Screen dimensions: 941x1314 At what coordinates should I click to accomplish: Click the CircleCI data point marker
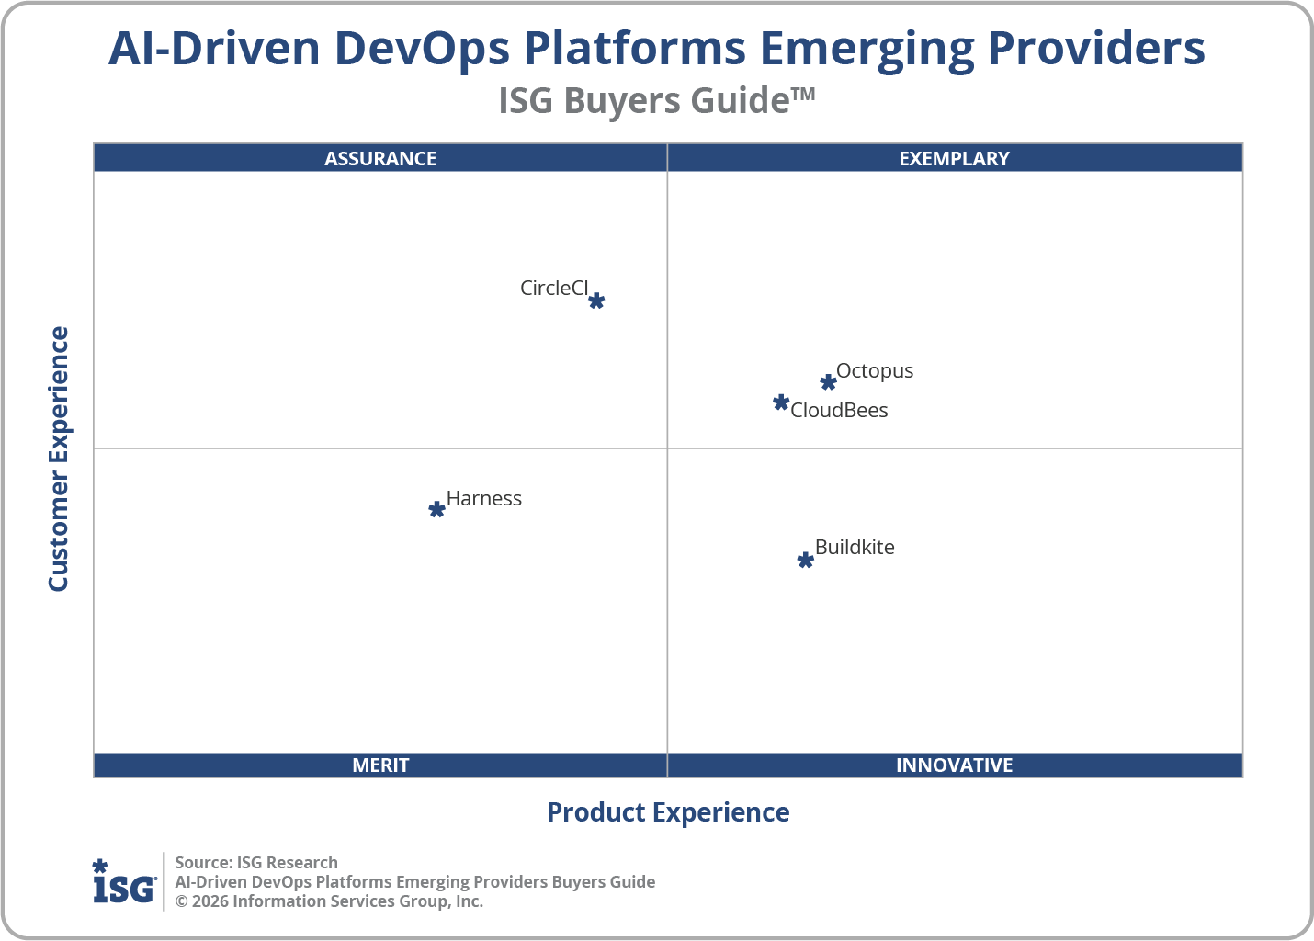pos(596,300)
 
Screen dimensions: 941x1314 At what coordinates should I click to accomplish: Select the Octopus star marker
pos(828,382)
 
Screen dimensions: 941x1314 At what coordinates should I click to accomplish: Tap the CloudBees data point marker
pos(781,402)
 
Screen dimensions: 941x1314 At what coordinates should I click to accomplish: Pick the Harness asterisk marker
pos(437,509)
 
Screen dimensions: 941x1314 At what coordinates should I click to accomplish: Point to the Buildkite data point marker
pos(805,560)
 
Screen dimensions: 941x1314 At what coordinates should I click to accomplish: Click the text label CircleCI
pos(553,288)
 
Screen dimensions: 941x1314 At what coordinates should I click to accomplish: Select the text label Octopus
pos(875,370)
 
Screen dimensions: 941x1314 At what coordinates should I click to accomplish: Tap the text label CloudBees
pos(839,410)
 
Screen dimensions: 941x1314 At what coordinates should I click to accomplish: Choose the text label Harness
pos(484,498)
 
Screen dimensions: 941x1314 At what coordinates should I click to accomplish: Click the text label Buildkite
pos(855,547)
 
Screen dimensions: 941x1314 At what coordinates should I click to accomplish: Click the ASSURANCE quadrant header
pos(380,158)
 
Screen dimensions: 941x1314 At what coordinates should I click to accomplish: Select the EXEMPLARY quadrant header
pos(954,158)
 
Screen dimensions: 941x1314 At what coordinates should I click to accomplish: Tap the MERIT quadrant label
pos(380,765)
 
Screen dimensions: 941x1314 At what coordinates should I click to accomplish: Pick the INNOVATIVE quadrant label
pos(954,765)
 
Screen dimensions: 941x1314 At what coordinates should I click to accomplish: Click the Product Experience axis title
pos(668,812)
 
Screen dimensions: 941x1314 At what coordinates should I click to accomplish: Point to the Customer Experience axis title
pos(59,459)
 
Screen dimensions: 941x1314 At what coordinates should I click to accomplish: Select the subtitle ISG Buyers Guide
pos(656,100)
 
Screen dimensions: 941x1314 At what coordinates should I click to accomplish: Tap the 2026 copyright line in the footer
pos(329,901)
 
